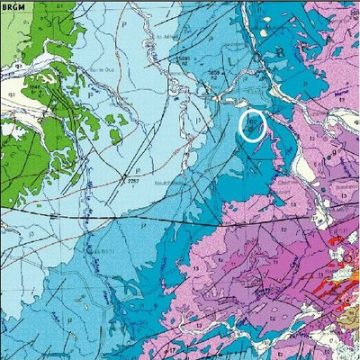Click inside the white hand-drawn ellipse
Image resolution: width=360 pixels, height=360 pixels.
(x=253, y=127)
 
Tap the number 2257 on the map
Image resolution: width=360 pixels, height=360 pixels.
(x=136, y=178)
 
